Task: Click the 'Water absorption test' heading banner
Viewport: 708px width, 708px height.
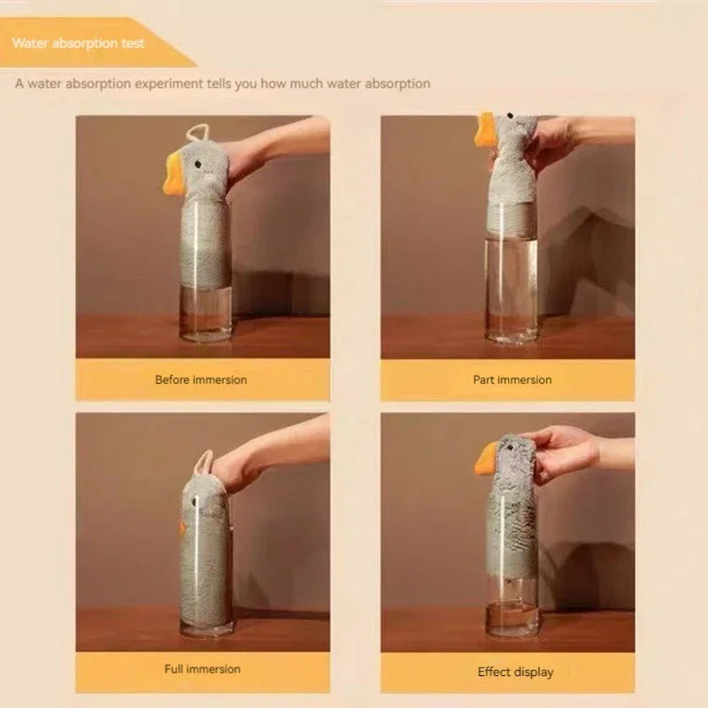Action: tap(88, 42)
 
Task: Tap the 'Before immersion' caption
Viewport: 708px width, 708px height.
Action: tap(201, 380)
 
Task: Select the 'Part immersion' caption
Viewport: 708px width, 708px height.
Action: tap(512, 380)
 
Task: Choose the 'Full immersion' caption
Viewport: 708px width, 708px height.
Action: tap(203, 668)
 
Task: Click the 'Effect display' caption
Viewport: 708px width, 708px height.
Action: tap(515, 672)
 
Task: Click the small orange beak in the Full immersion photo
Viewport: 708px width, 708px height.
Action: tap(182, 528)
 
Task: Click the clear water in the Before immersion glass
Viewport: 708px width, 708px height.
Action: tap(206, 310)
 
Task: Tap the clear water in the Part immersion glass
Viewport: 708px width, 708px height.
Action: tap(512, 283)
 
